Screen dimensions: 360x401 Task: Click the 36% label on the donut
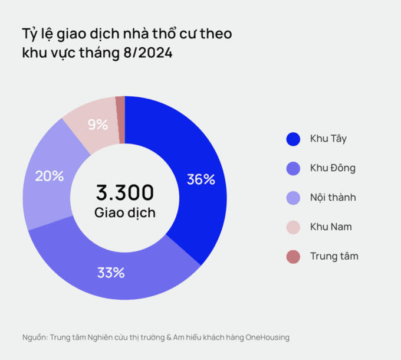click(200, 179)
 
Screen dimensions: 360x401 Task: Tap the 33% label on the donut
click(110, 273)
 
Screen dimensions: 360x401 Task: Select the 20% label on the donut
click(49, 176)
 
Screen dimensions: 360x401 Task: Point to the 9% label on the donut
click(97, 125)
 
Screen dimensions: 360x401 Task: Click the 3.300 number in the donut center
click(124, 192)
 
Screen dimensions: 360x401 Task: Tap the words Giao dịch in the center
click(124, 212)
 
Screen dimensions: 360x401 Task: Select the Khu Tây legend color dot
click(293, 139)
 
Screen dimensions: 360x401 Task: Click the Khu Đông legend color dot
click(293, 169)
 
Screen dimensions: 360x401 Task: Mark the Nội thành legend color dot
click(293, 198)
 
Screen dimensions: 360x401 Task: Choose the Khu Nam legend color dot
click(293, 227)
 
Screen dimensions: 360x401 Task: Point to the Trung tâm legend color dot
click(293, 256)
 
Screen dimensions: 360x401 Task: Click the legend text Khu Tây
click(328, 139)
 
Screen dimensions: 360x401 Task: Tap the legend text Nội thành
click(333, 198)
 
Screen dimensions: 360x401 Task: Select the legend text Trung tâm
click(334, 256)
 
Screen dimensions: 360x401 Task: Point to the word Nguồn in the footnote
click(34, 338)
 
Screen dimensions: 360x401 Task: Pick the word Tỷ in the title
click(29, 34)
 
